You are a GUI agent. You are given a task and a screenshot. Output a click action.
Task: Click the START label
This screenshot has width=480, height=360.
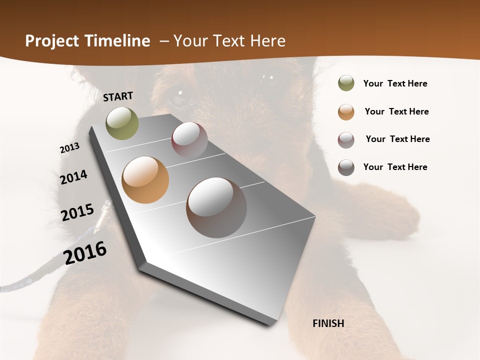pyautogui.click(x=118, y=96)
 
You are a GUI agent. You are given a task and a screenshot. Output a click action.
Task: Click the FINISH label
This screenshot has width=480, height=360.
pyautogui.click(x=328, y=323)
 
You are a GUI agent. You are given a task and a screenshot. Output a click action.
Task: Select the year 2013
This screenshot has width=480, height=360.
pyautogui.click(x=69, y=147)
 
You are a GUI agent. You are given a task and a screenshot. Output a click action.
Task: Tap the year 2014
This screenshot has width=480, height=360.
pyautogui.click(x=74, y=177)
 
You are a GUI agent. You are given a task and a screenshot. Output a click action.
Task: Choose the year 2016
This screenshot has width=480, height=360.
pyautogui.click(x=85, y=253)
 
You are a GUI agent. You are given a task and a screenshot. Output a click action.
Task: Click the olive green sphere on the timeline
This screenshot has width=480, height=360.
pyautogui.click(x=122, y=123)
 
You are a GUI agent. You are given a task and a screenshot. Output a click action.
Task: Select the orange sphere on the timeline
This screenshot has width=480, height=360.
pyautogui.click(x=145, y=180)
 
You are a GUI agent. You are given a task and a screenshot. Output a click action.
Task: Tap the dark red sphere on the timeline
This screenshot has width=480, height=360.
pyautogui.click(x=189, y=140)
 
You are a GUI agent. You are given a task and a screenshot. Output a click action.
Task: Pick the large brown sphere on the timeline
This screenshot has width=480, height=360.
pyautogui.click(x=216, y=207)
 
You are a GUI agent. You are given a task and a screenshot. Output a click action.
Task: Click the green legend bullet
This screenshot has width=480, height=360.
pyautogui.click(x=346, y=83)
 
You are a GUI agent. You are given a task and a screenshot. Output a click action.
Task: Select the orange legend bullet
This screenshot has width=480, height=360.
pyautogui.click(x=346, y=112)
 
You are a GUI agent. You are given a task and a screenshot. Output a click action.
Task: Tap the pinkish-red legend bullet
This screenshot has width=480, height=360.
pyautogui.click(x=346, y=140)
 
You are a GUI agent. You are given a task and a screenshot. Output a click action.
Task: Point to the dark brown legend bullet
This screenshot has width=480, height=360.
pyautogui.click(x=346, y=167)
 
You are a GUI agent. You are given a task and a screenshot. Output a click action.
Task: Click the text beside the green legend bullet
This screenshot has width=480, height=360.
pyautogui.click(x=395, y=84)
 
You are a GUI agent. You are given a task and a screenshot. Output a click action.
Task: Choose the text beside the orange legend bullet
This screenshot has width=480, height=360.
pyautogui.click(x=396, y=111)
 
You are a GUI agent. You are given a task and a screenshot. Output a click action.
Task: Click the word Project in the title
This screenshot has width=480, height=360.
pyautogui.click(x=51, y=41)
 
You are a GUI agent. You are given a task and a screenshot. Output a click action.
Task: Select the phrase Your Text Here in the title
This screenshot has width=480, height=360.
pyautogui.click(x=229, y=41)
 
